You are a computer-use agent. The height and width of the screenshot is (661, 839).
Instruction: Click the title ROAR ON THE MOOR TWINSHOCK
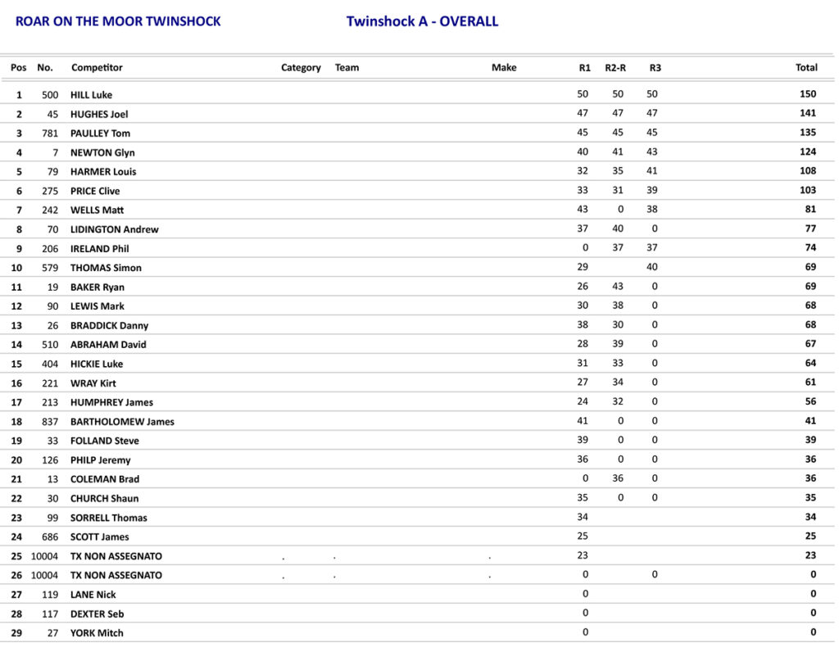pyautogui.click(x=118, y=21)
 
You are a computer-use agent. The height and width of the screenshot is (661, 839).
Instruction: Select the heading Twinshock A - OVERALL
pyautogui.click(x=422, y=21)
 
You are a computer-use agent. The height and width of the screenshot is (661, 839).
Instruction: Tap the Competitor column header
pyautogui.click(x=97, y=67)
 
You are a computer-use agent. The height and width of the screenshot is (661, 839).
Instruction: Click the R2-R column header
pyautogui.click(x=616, y=67)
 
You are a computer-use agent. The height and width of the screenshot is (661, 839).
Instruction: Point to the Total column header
pyautogui.click(x=806, y=67)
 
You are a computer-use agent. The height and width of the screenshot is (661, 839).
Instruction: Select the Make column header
pyautogui.click(x=504, y=67)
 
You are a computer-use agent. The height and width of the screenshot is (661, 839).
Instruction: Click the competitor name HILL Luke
pyautogui.click(x=91, y=95)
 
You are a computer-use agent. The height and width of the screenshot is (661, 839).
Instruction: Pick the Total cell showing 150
pyautogui.click(x=808, y=94)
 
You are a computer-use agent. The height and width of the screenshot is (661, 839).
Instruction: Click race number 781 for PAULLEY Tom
pyautogui.click(x=50, y=134)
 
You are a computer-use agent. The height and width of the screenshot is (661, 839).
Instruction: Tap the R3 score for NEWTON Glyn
pyautogui.click(x=652, y=152)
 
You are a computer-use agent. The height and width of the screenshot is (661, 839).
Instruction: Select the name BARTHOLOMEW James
pyautogui.click(x=122, y=422)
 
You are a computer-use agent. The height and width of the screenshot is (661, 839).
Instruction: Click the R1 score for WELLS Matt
pyautogui.click(x=583, y=210)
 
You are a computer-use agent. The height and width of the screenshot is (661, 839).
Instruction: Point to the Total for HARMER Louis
pyautogui.click(x=808, y=171)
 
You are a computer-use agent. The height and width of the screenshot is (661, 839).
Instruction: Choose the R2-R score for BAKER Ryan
pyautogui.click(x=618, y=287)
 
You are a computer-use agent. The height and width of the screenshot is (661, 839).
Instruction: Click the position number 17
pyautogui.click(x=19, y=402)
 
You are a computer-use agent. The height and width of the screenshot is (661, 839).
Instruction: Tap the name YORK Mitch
pyautogui.click(x=97, y=633)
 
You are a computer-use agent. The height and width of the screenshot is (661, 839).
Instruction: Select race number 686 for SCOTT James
pyautogui.click(x=50, y=537)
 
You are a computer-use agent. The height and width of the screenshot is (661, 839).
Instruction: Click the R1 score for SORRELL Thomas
pyautogui.click(x=583, y=518)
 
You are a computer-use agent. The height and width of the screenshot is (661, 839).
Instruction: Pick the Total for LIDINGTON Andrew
pyautogui.click(x=810, y=229)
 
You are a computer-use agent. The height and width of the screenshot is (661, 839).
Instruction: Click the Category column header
pyautogui.click(x=301, y=67)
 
